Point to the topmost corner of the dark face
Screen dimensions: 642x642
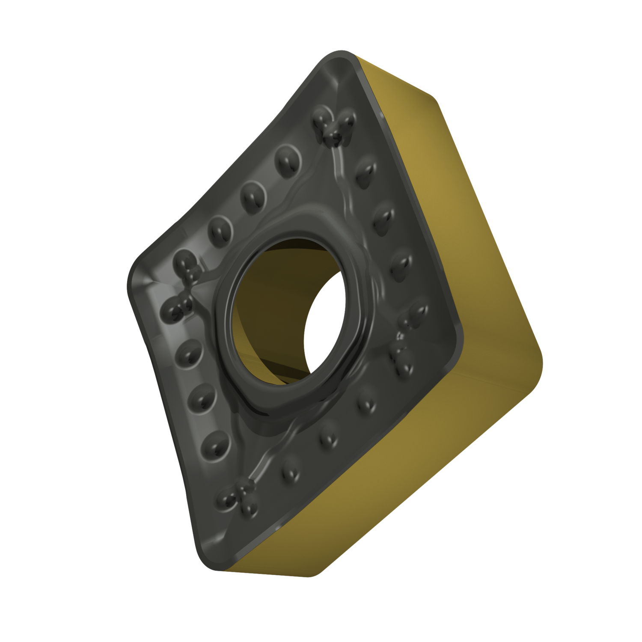338,58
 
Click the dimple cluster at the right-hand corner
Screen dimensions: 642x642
407,342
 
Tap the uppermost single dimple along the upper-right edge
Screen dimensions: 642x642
364,171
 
